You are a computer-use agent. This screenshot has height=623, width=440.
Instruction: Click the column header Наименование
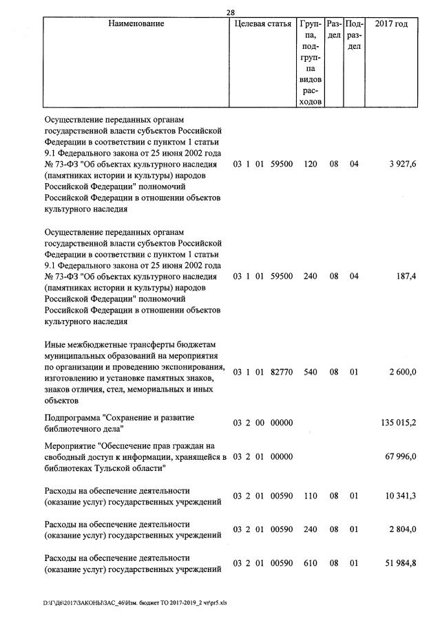(x=136, y=24)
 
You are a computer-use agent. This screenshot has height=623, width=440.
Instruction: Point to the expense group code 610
(x=311, y=564)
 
